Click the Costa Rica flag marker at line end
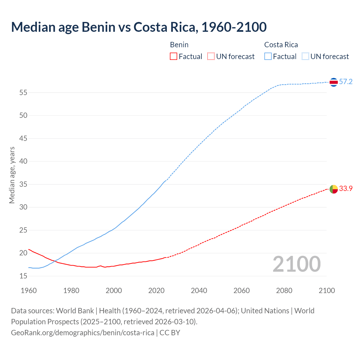point(334,82)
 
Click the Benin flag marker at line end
point(334,189)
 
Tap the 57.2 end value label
point(346,82)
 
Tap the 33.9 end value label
point(346,189)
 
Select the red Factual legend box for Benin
point(174,57)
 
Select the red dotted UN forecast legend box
point(211,57)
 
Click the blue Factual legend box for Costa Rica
point(268,57)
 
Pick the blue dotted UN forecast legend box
point(305,57)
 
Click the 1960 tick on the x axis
point(29,291)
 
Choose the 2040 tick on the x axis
point(199,291)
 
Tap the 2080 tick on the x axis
point(284,291)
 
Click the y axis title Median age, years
point(12,175)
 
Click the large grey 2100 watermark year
point(296,264)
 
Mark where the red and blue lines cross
point(54,261)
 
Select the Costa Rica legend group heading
point(281,45)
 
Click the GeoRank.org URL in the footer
point(82,333)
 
